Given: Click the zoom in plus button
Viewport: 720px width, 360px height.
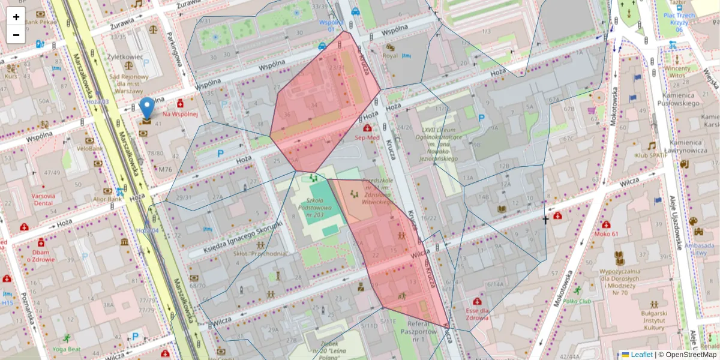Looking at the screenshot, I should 16,17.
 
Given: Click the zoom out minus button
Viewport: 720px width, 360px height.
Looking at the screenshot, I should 16,35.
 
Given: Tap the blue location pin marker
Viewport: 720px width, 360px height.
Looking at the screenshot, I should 146,109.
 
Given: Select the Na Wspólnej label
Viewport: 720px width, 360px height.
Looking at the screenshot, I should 180,114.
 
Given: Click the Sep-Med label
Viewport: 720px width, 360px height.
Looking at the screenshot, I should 367,137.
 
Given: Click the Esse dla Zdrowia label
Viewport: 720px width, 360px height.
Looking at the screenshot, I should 478,314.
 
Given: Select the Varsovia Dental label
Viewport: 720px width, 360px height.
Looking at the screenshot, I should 43,199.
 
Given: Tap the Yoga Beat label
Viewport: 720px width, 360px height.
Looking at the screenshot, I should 66,349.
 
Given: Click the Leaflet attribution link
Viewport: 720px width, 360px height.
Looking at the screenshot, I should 641,355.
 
